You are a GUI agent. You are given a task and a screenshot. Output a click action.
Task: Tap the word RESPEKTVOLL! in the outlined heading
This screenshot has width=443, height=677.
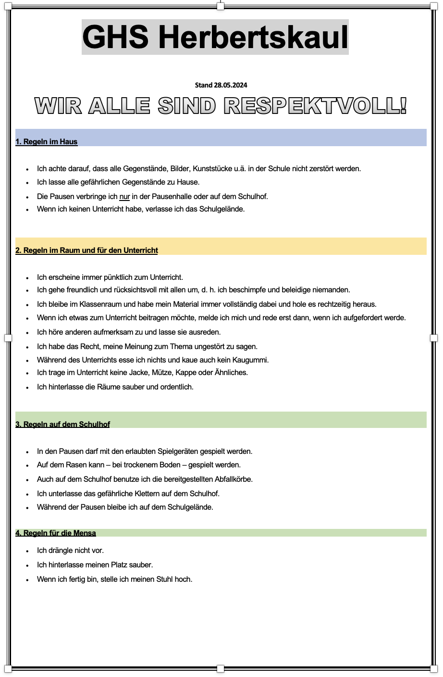tap(315, 106)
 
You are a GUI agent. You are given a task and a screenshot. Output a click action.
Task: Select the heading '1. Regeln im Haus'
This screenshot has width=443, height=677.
tap(47, 142)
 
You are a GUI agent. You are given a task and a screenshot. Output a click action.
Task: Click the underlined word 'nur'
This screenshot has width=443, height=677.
tap(124, 196)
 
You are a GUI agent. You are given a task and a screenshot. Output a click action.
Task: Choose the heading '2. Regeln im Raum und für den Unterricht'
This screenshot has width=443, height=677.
tap(86, 251)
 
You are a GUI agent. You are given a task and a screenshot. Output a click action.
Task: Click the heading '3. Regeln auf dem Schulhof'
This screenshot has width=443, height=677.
tap(62, 424)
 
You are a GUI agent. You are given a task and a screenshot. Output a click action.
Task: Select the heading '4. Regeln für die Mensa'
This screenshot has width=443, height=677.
tap(56, 533)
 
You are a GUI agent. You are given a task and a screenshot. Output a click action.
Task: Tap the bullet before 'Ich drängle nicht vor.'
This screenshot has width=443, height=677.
tap(27, 551)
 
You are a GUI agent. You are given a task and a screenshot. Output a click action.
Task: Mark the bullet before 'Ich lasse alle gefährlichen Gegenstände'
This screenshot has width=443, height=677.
tap(27, 183)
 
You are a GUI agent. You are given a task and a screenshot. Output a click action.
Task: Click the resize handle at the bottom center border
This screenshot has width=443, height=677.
tap(221, 668)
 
